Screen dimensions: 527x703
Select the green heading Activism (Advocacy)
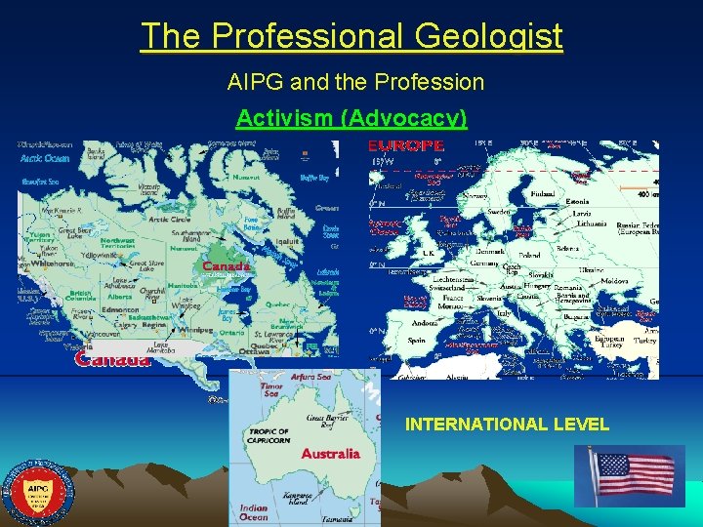[x=351, y=118]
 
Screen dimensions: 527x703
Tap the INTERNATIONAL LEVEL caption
[x=507, y=424]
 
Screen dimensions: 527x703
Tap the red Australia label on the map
[x=330, y=453]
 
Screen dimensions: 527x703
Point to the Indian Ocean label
[x=253, y=512]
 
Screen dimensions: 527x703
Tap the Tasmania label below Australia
[x=339, y=518]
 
